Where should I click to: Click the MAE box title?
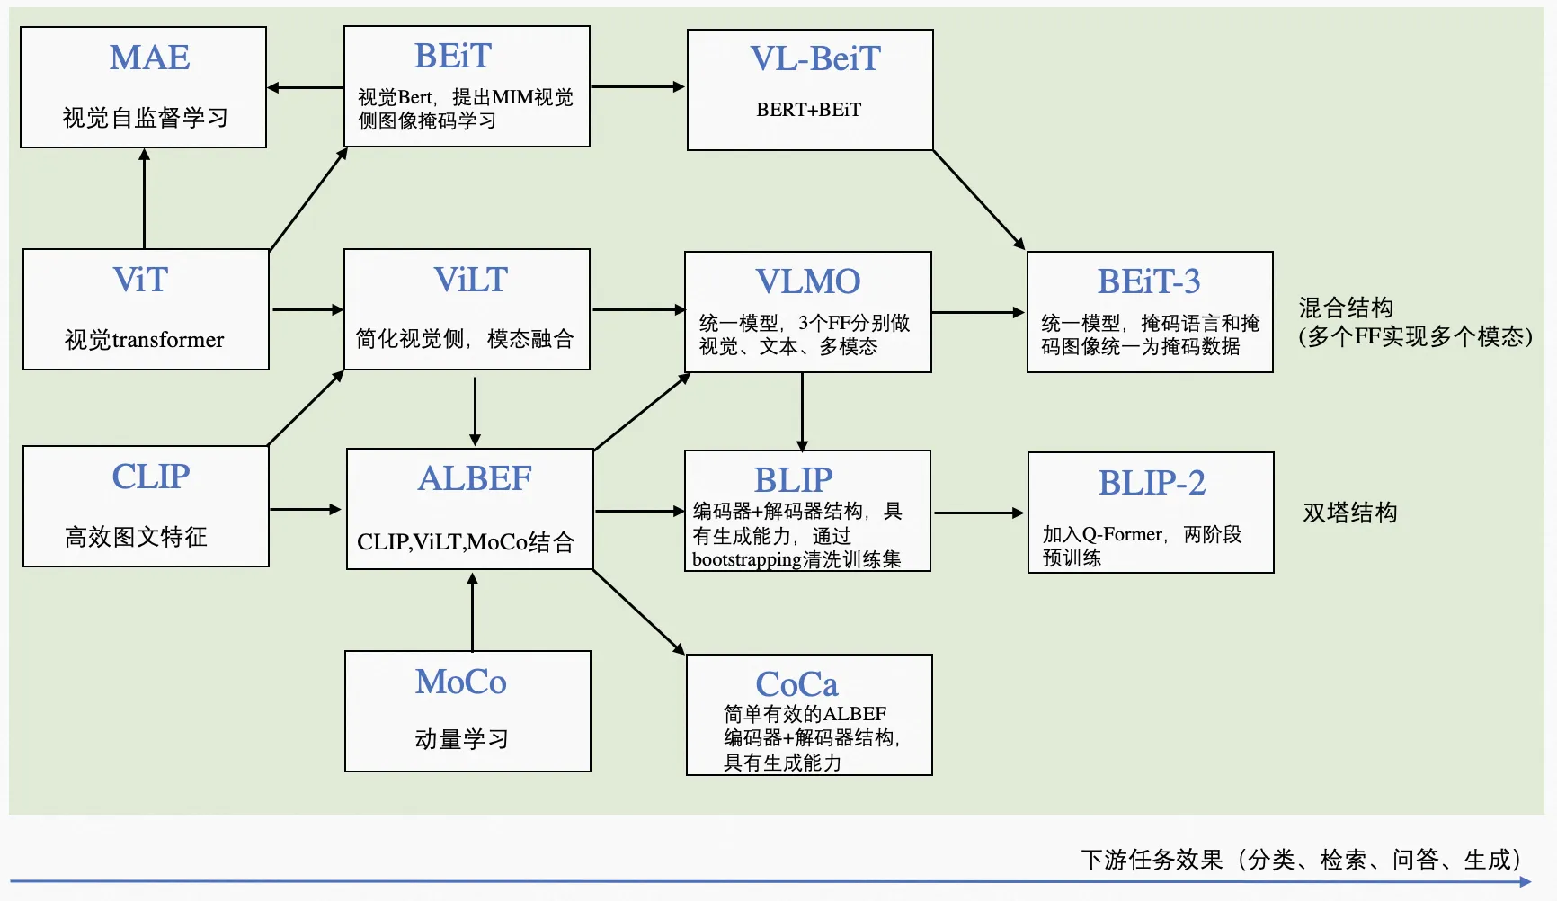pyautogui.click(x=149, y=58)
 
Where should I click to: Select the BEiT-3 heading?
pyautogui.click(x=1149, y=281)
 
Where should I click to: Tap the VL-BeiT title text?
pyautogui.click(x=815, y=58)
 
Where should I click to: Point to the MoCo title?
pyautogui.click(x=460, y=682)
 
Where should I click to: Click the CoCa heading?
pyautogui.click(x=796, y=684)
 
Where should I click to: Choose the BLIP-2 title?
pyautogui.click(x=1152, y=483)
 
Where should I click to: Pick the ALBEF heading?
pyautogui.click(x=475, y=478)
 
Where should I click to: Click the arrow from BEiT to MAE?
pyautogui.click(x=305, y=87)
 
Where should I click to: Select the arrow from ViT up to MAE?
pyautogui.click(x=144, y=198)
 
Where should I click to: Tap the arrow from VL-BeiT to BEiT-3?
pyautogui.click(x=979, y=200)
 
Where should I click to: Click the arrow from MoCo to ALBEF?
pyautogui.click(x=473, y=611)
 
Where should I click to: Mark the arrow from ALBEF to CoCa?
pyautogui.click(x=638, y=611)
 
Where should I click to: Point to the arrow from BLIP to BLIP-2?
pyautogui.click(x=979, y=513)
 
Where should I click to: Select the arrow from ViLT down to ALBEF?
pyautogui.click(x=475, y=410)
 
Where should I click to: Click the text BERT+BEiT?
pyautogui.click(x=808, y=110)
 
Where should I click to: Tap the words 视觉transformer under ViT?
pyautogui.click(x=144, y=340)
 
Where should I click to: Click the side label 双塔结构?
pyautogui.click(x=1350, y=513)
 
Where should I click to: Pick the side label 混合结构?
pyautogui.click(x=1346, y=308)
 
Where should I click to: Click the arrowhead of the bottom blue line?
pyautogui.click(x=1526, y=882)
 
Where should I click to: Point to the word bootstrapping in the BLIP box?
pyautogui.click(x=746, y=559)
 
